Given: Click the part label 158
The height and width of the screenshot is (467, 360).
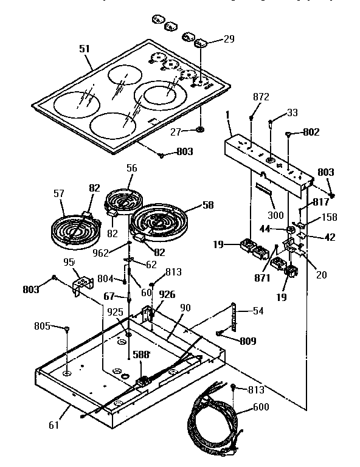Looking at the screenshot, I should pyautogui.click(x=329, y=217).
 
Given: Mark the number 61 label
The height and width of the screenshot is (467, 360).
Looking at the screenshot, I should pyautogui.click(x=54, y=424).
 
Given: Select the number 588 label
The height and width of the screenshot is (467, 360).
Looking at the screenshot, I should pyautogui.click(x=142, y=353).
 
